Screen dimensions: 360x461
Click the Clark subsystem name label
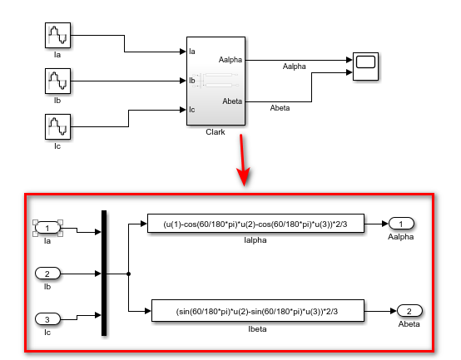click(x=216, y=132)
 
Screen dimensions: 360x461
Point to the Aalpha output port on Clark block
click(x=230, y=60)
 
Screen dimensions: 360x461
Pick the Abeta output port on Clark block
click(x=232, y=101)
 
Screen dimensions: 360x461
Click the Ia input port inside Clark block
click(x=192, y=52)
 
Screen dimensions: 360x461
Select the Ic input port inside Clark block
click(x=192, y=109)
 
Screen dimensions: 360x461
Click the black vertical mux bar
click(x=104, y=273)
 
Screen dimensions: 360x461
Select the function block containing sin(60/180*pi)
click(x=257, y=311)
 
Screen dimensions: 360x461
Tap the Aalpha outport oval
click(x=400, y=224)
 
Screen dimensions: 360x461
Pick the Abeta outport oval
click(x=408, y=311)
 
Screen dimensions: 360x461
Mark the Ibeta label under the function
click(x=257, y=328)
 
